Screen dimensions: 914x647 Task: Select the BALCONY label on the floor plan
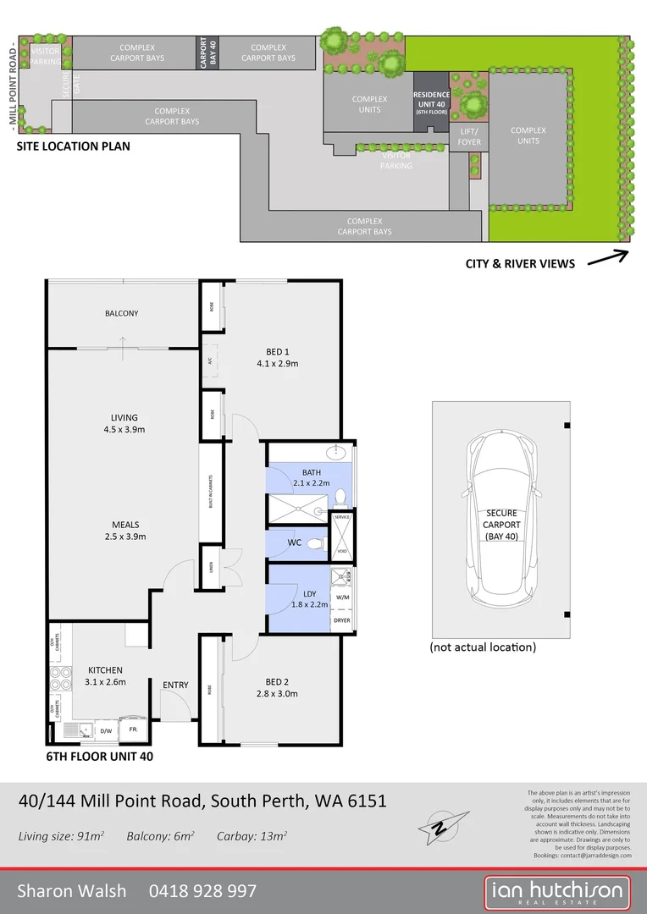pos(121,313)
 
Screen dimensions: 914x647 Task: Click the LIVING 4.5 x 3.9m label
pos(124,423)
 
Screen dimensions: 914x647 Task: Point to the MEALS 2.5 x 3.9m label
pos(124,530)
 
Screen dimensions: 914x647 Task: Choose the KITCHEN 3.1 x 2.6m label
pos(105,675)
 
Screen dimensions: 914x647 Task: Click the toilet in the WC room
pos(315,544)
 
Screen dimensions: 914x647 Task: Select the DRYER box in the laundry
pos(341,620)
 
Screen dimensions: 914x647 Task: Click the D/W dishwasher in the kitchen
pos(106,729)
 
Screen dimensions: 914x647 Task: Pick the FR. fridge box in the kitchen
pos(133,728)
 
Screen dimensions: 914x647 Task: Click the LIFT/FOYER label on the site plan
pos(469,136)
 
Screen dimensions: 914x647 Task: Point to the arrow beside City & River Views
pos(607,258)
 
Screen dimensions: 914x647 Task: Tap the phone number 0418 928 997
pos(202,890)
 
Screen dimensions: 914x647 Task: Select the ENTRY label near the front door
pos(175,685)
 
